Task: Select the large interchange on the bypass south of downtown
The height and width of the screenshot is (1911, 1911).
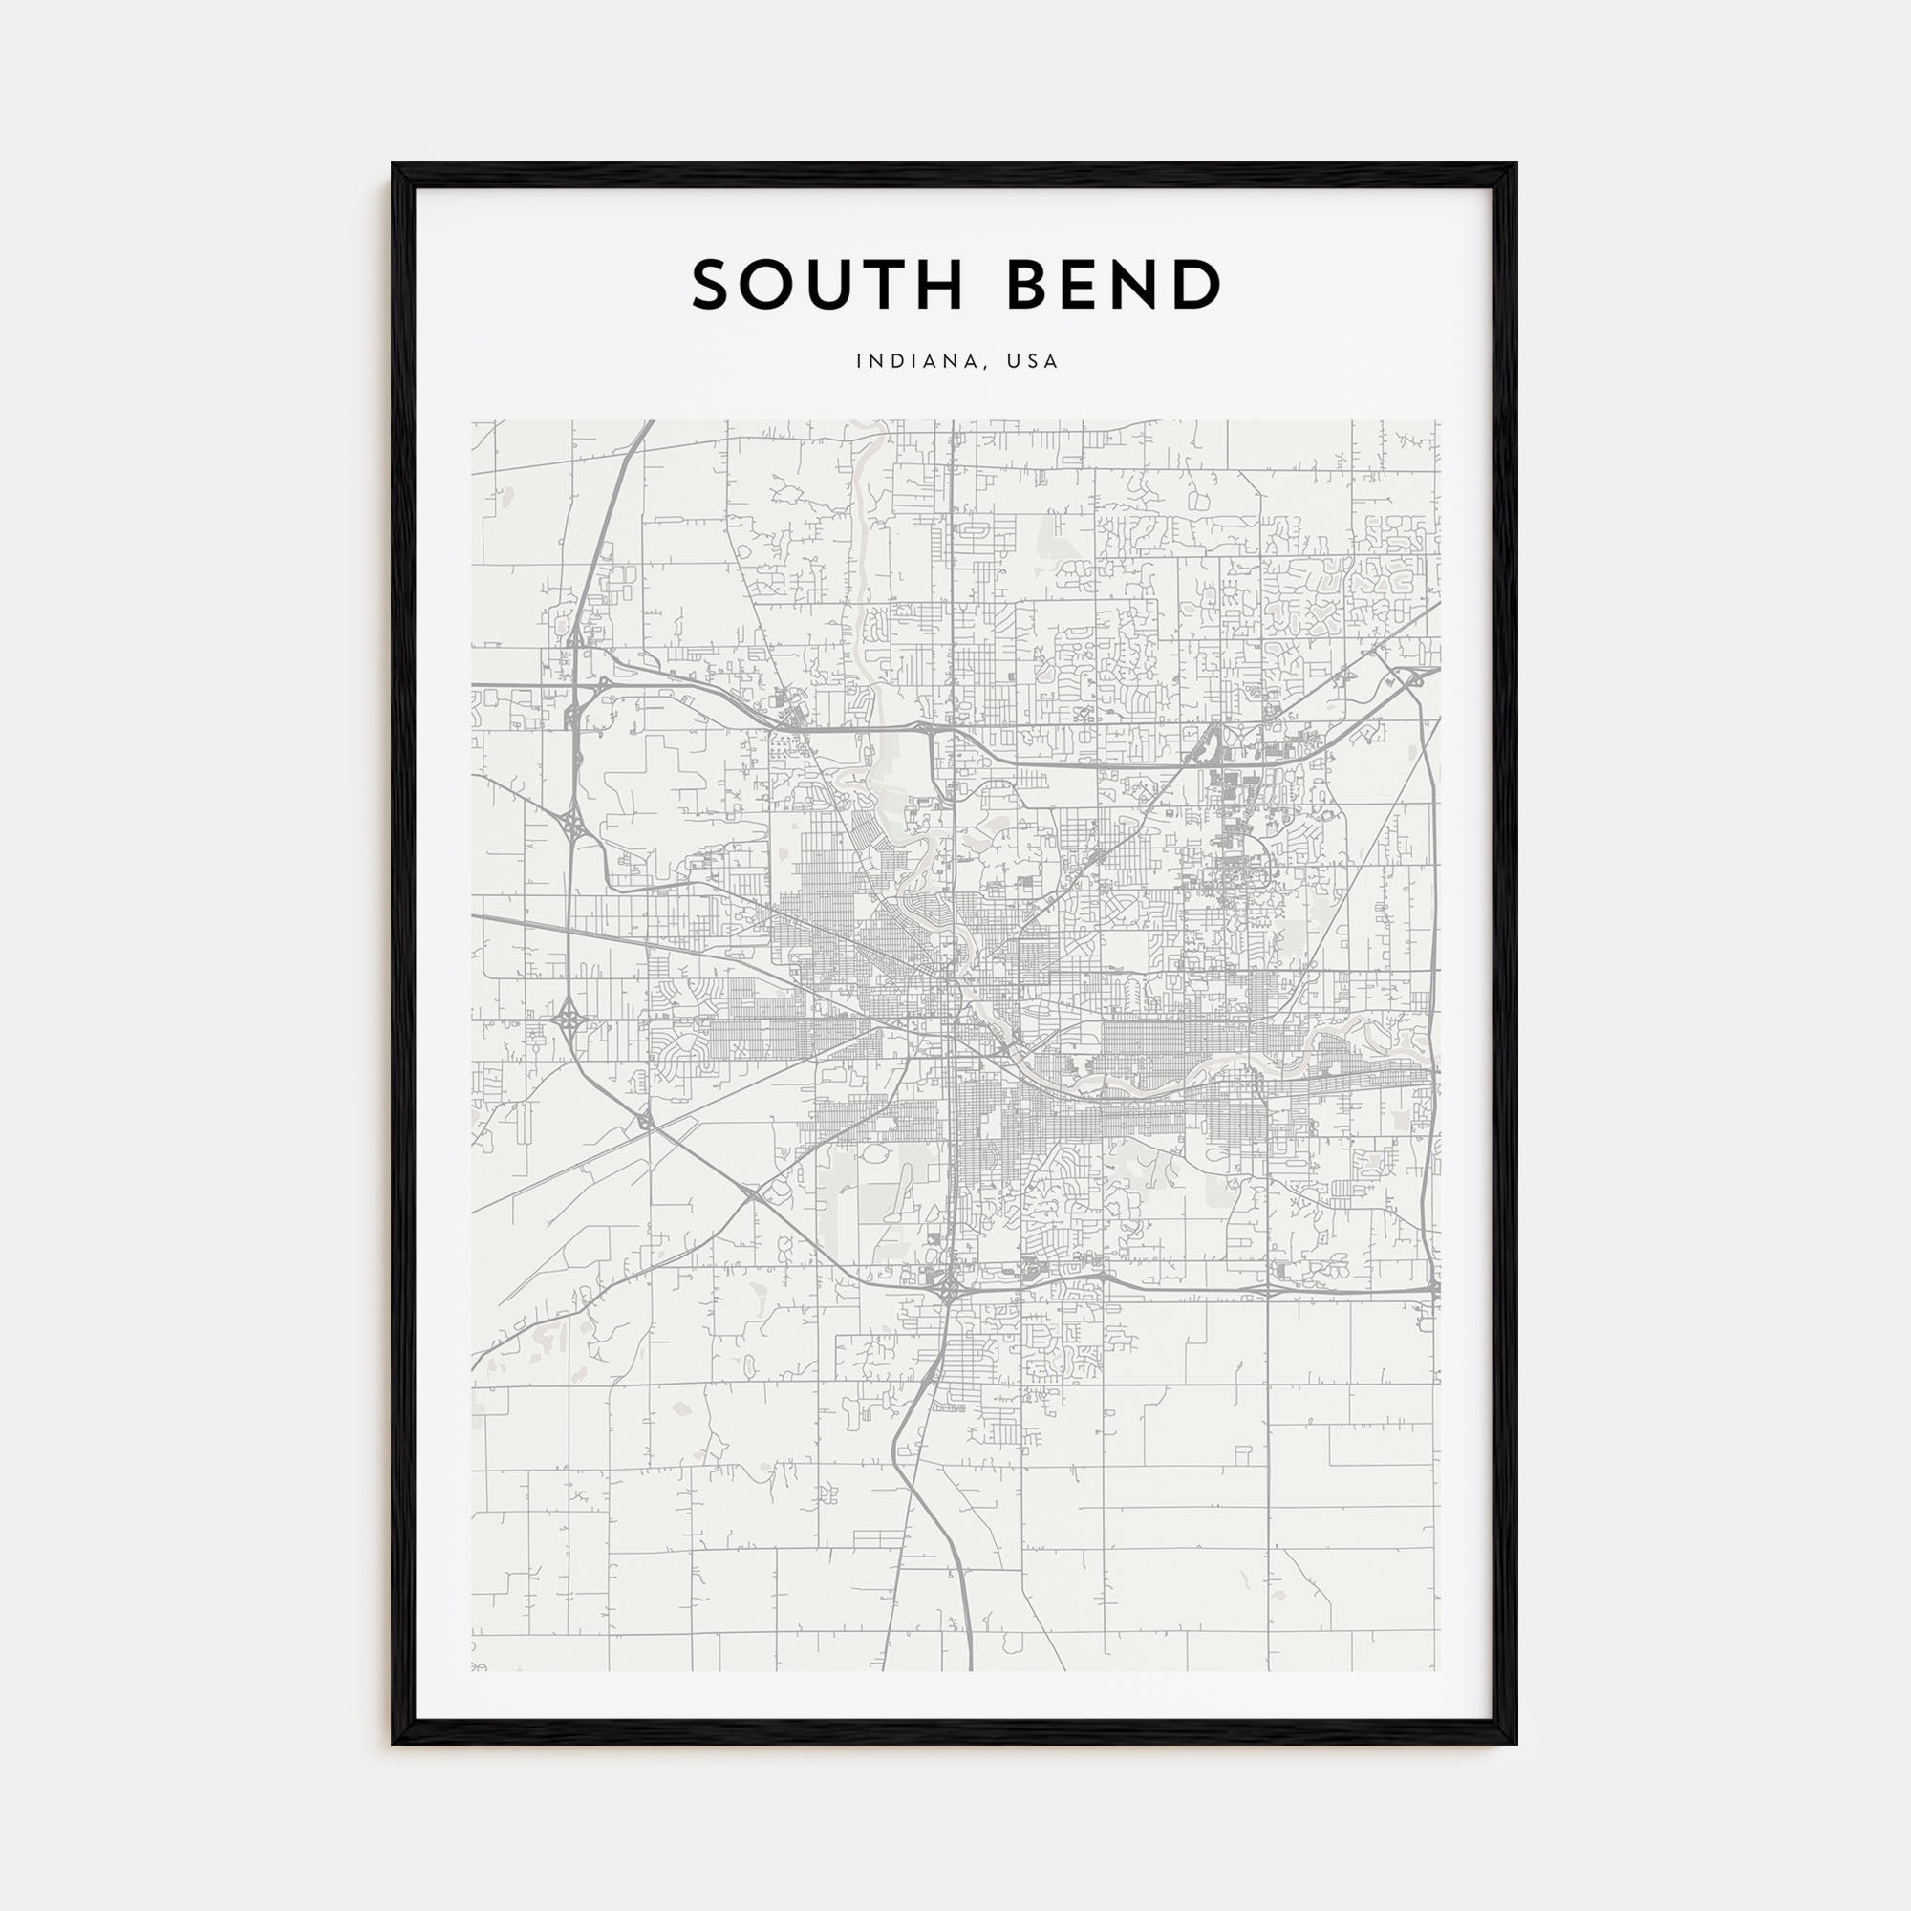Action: pos(948,1289)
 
